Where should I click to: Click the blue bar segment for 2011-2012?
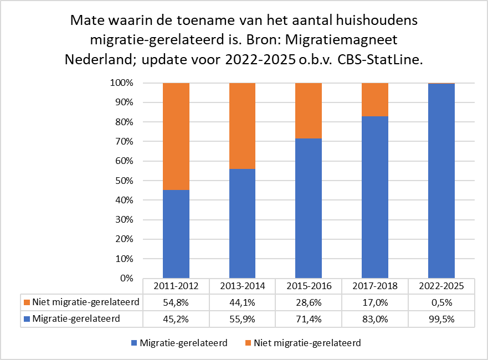pos(176,234)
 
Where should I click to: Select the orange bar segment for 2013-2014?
pos(242,126)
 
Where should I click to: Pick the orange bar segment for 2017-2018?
pos(375,100)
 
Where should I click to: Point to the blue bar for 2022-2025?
pos(441,181)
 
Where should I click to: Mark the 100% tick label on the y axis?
pos(121,83)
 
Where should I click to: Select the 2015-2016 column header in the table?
pos(309,286)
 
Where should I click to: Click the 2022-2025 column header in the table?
pos(441,286)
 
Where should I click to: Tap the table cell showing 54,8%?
pos(176,302)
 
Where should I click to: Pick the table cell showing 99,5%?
pos(441,318)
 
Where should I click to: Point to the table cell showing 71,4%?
pos(309,318)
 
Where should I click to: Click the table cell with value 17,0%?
pos(375,302)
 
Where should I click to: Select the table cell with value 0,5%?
pos(441,302)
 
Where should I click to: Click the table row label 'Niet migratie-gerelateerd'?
pos(85,302)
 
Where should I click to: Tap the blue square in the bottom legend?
pos(133,343)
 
